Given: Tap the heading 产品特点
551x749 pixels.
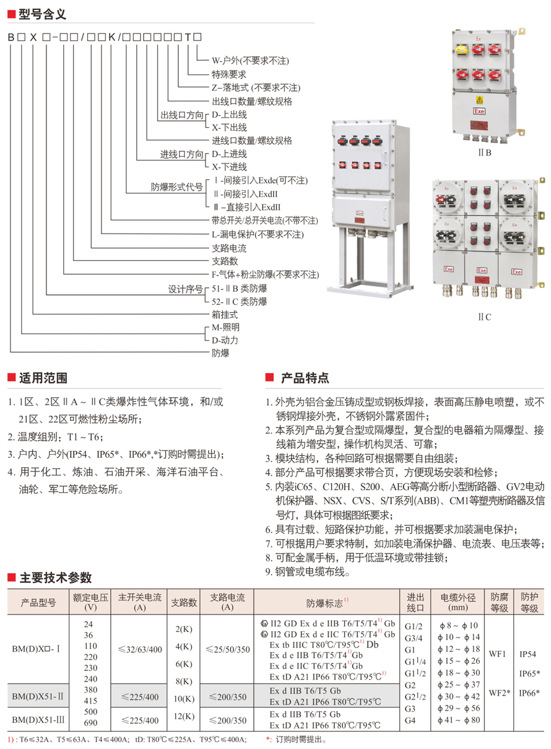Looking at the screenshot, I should (305, 378).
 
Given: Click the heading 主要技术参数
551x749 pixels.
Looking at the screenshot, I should (55, 578).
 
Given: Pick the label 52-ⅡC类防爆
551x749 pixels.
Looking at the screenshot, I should (239, 301).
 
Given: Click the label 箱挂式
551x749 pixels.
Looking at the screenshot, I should (225, 315).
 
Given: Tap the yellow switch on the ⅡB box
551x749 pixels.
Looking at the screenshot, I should (461, 53).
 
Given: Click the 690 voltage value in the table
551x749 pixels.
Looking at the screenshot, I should (90, 724).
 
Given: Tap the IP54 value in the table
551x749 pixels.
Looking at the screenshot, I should (528, 654).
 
